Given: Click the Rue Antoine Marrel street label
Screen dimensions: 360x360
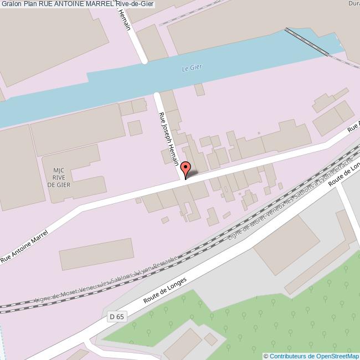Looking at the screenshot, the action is (x=24, y=247).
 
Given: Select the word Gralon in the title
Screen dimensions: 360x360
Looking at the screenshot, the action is (x=11, y=4).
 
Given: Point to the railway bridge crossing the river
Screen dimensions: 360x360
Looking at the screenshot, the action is (x=308, y=41).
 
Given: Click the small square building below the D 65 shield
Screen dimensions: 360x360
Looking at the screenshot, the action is (x=211, y=338).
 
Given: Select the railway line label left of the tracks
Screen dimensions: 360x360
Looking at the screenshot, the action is (x=105, y=280).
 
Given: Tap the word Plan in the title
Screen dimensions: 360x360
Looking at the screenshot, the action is (x=31, y=4).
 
